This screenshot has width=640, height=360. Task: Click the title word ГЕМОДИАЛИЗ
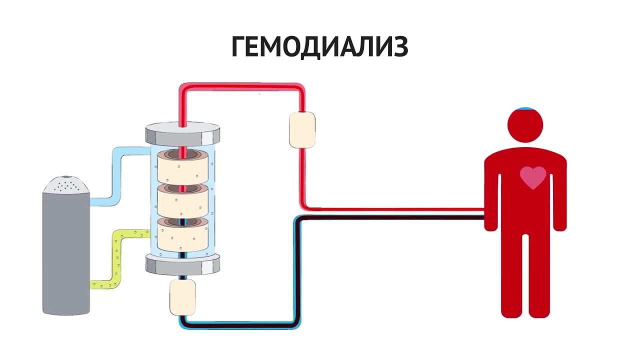coord(320,47)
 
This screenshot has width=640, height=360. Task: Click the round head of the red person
coord(525,125)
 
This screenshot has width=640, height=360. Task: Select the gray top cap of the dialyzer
coord(183,133)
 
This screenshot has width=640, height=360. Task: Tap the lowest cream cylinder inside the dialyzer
coord(183,235)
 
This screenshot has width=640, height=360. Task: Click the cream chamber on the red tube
coord(302,129)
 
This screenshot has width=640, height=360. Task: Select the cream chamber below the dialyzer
coord(182,297)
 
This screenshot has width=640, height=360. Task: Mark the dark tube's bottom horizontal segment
coord(240,324)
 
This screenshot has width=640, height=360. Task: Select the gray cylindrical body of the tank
coord(66,255)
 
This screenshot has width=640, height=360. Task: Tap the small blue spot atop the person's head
coord(525,108)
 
